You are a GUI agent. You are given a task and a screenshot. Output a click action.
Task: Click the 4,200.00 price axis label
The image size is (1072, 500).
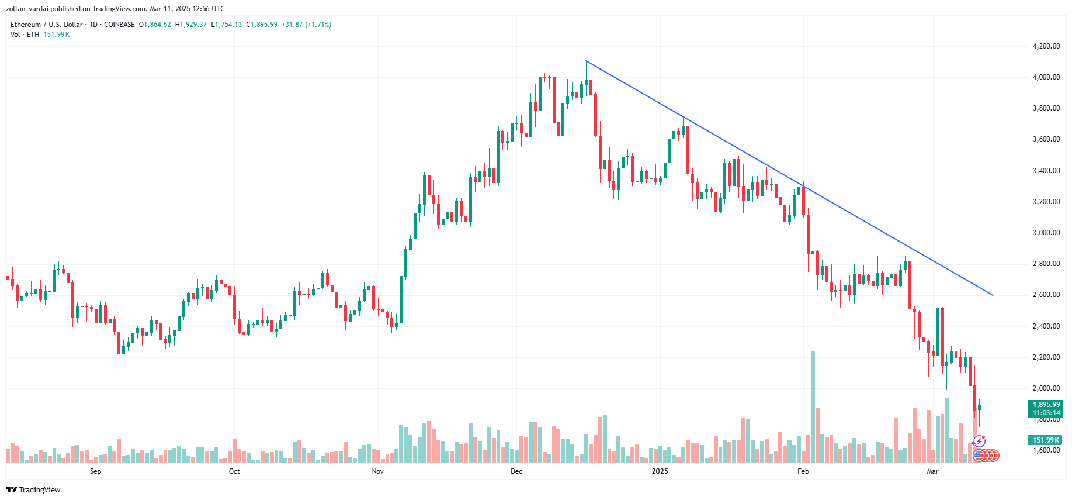(x=1046, y=46)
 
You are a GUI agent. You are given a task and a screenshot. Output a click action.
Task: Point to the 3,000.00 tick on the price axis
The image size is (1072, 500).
(x=1046, y=233)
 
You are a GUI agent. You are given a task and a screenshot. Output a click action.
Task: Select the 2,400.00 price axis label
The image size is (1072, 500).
(x=1046, y=326)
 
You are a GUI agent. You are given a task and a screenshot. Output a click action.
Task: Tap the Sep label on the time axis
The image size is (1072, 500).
(x=95, y=471)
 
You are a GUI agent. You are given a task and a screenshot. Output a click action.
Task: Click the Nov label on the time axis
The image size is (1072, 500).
(x=378, y=471)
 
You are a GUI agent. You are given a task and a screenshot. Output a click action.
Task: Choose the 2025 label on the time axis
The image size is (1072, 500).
(x=660, y=471)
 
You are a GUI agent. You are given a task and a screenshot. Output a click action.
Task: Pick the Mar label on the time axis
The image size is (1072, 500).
(x=932, y=471)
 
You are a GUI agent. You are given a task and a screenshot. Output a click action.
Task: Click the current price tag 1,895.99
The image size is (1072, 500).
(x=1046, y=405)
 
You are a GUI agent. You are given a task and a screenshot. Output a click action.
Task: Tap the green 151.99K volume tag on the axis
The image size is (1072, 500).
(x=1046, y=440)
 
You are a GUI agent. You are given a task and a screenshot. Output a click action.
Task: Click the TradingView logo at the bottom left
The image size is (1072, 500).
(x=33, y=489)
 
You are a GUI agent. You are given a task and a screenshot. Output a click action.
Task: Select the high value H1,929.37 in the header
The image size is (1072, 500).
(x=191, y=25)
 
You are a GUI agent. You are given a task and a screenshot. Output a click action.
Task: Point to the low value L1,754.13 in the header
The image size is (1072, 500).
(x=226, y=25)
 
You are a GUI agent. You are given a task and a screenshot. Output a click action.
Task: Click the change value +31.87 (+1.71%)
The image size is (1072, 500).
(x=306, y=25)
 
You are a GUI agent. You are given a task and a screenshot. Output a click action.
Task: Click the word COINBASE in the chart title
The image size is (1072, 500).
(x=119, y=25)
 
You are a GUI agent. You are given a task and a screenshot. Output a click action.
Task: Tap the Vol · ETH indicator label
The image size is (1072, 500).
(x=25, y=35)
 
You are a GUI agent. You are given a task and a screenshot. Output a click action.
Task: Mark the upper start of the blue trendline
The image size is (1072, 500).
(x=586, y=61)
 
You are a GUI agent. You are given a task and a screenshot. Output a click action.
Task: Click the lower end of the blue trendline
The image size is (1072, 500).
(x=993, y=295)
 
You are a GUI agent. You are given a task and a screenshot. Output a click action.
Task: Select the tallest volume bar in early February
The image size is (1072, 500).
(x=813, y=409)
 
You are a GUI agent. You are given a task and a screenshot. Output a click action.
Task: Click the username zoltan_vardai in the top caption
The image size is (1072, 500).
(x=27, y=9)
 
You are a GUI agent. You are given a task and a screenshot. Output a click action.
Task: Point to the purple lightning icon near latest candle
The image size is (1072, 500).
(x=980, y=441)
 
